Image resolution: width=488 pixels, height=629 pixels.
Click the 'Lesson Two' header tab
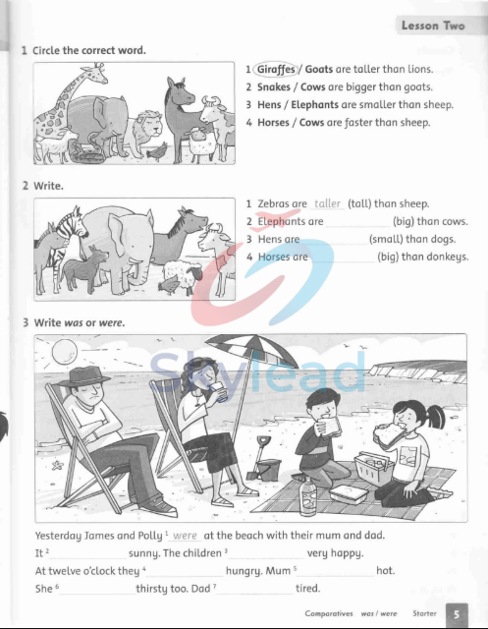click(432, 26)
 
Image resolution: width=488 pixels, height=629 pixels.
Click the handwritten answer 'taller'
click(327, 204)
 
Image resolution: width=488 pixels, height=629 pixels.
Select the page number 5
click(456, 614)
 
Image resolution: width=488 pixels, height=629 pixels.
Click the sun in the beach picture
click(58, 351)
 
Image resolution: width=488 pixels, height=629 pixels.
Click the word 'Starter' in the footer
click(423, 613)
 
